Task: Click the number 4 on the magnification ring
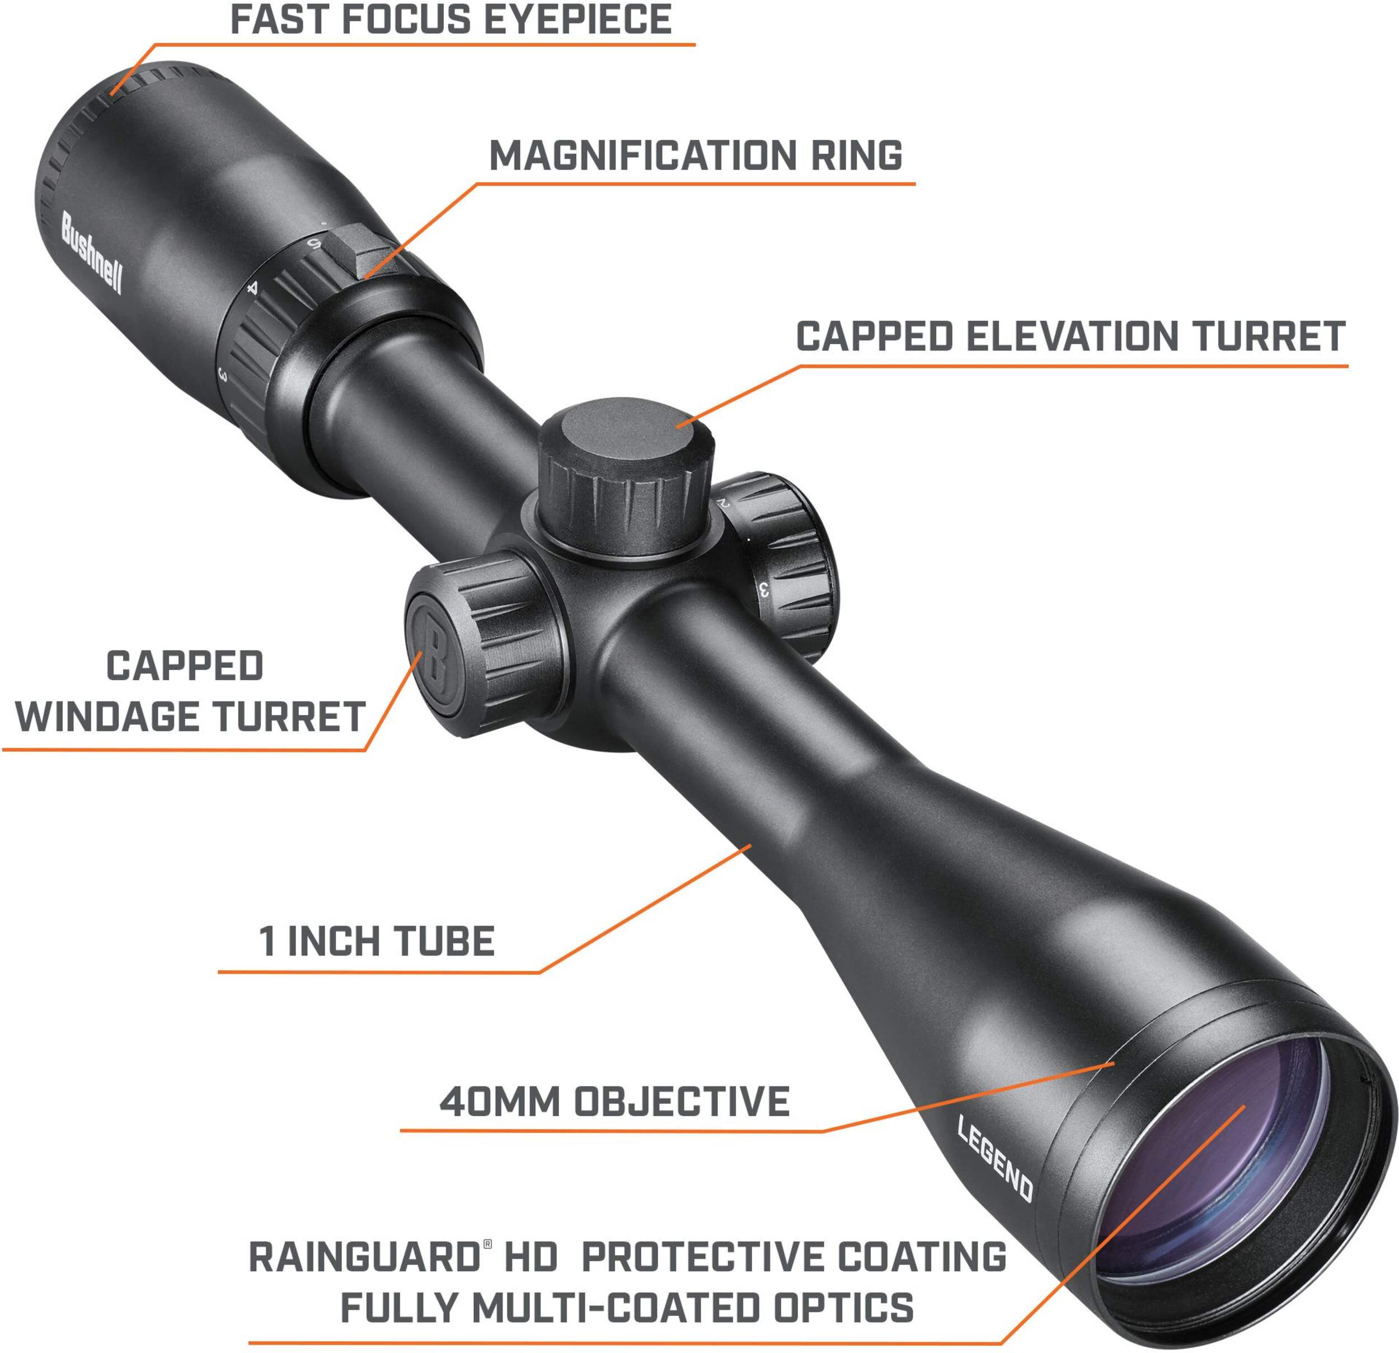click(251, 288)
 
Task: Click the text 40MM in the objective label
click(500, 1101)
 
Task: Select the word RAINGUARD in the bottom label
click(365, 1257)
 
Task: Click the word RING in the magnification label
click(857, 156)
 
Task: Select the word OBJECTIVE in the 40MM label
click(682, 1101)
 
